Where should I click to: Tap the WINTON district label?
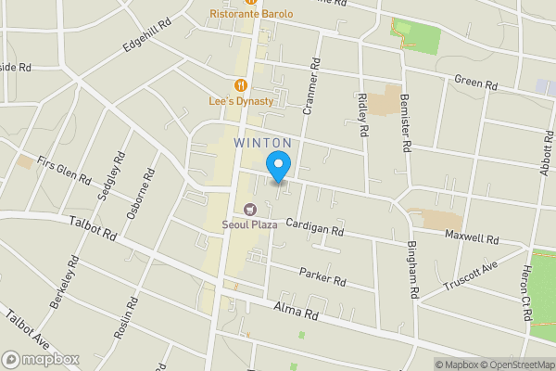point(263,143)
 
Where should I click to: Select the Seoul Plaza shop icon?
point(248,209)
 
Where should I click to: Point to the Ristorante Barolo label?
point(251,14)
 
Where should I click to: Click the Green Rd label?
point(476,83)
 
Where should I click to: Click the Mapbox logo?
point(41,359)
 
